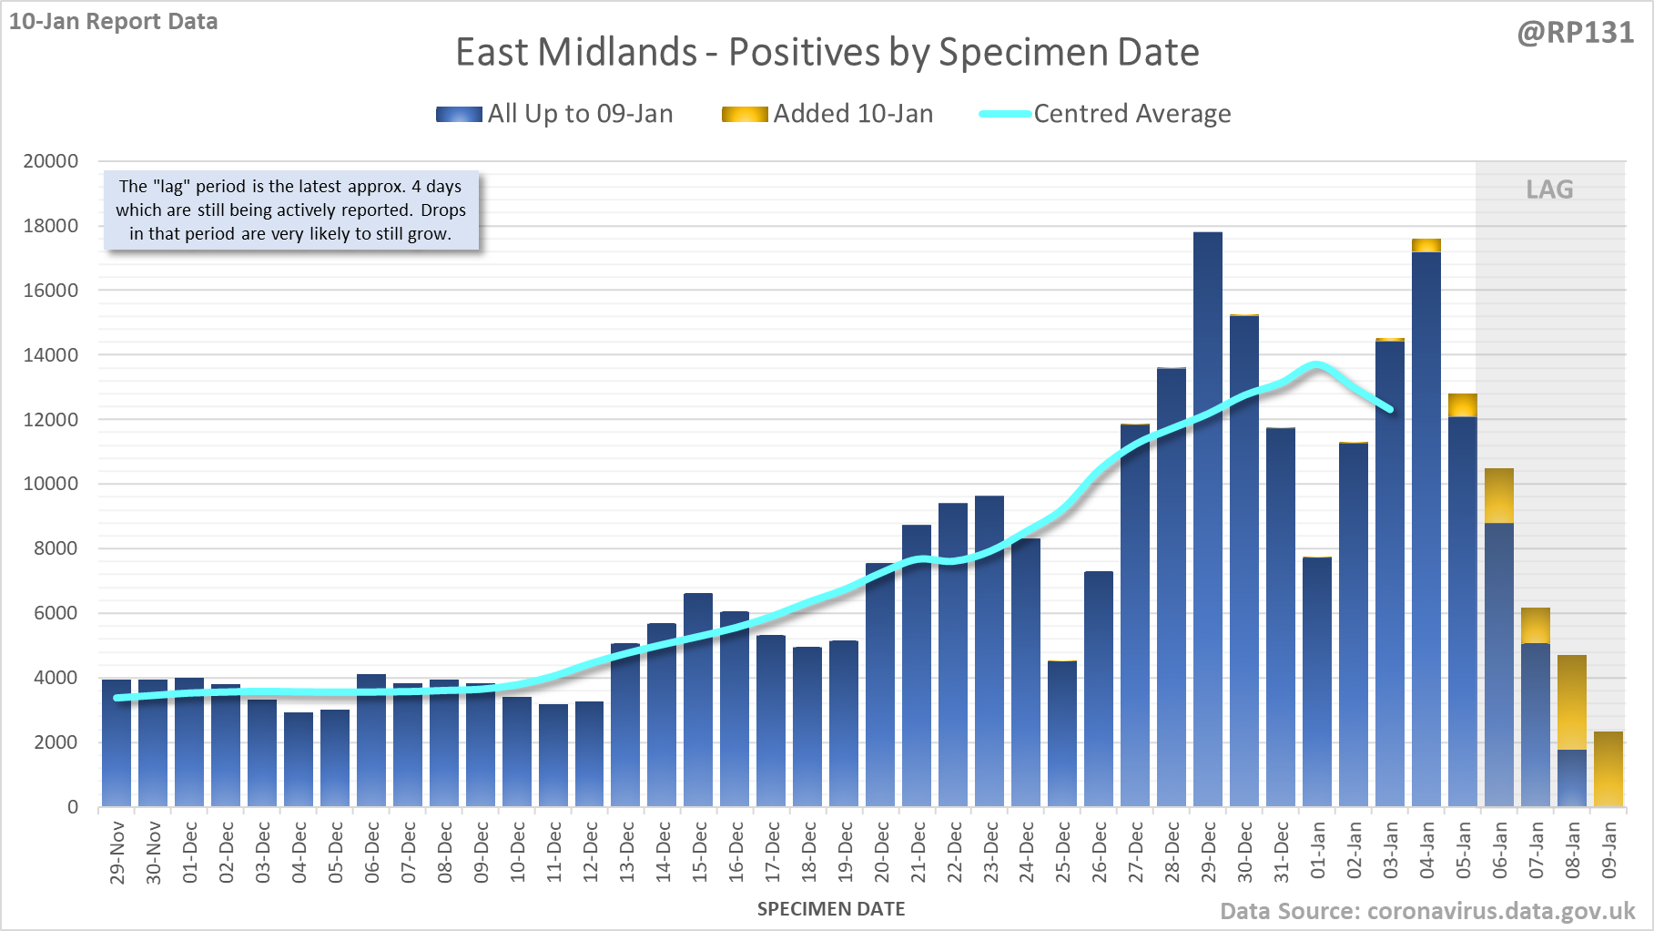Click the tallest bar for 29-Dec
[x=1208, y=519]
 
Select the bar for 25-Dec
[x=1062, y=733]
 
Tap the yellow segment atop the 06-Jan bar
[x=1499, y=496]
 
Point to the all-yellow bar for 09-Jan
[x=1608, y=769]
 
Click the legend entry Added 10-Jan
[x=827, y=114]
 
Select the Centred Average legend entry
[x=1105, y=114]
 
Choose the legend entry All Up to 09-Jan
[x=554, y=114]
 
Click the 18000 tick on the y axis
[x=51, y=226]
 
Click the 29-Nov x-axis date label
[x=117, y=852]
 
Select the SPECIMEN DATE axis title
[x=831, y=909]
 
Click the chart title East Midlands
[x=827, y=52]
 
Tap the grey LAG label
[x=1549, y=189]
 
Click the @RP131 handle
[x=1575, y=33]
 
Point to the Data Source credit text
[x=1426, y=911]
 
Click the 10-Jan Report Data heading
[x=114, y=22]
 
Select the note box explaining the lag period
[x=290, y=210]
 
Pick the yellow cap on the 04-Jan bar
[x=1426, y=245]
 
